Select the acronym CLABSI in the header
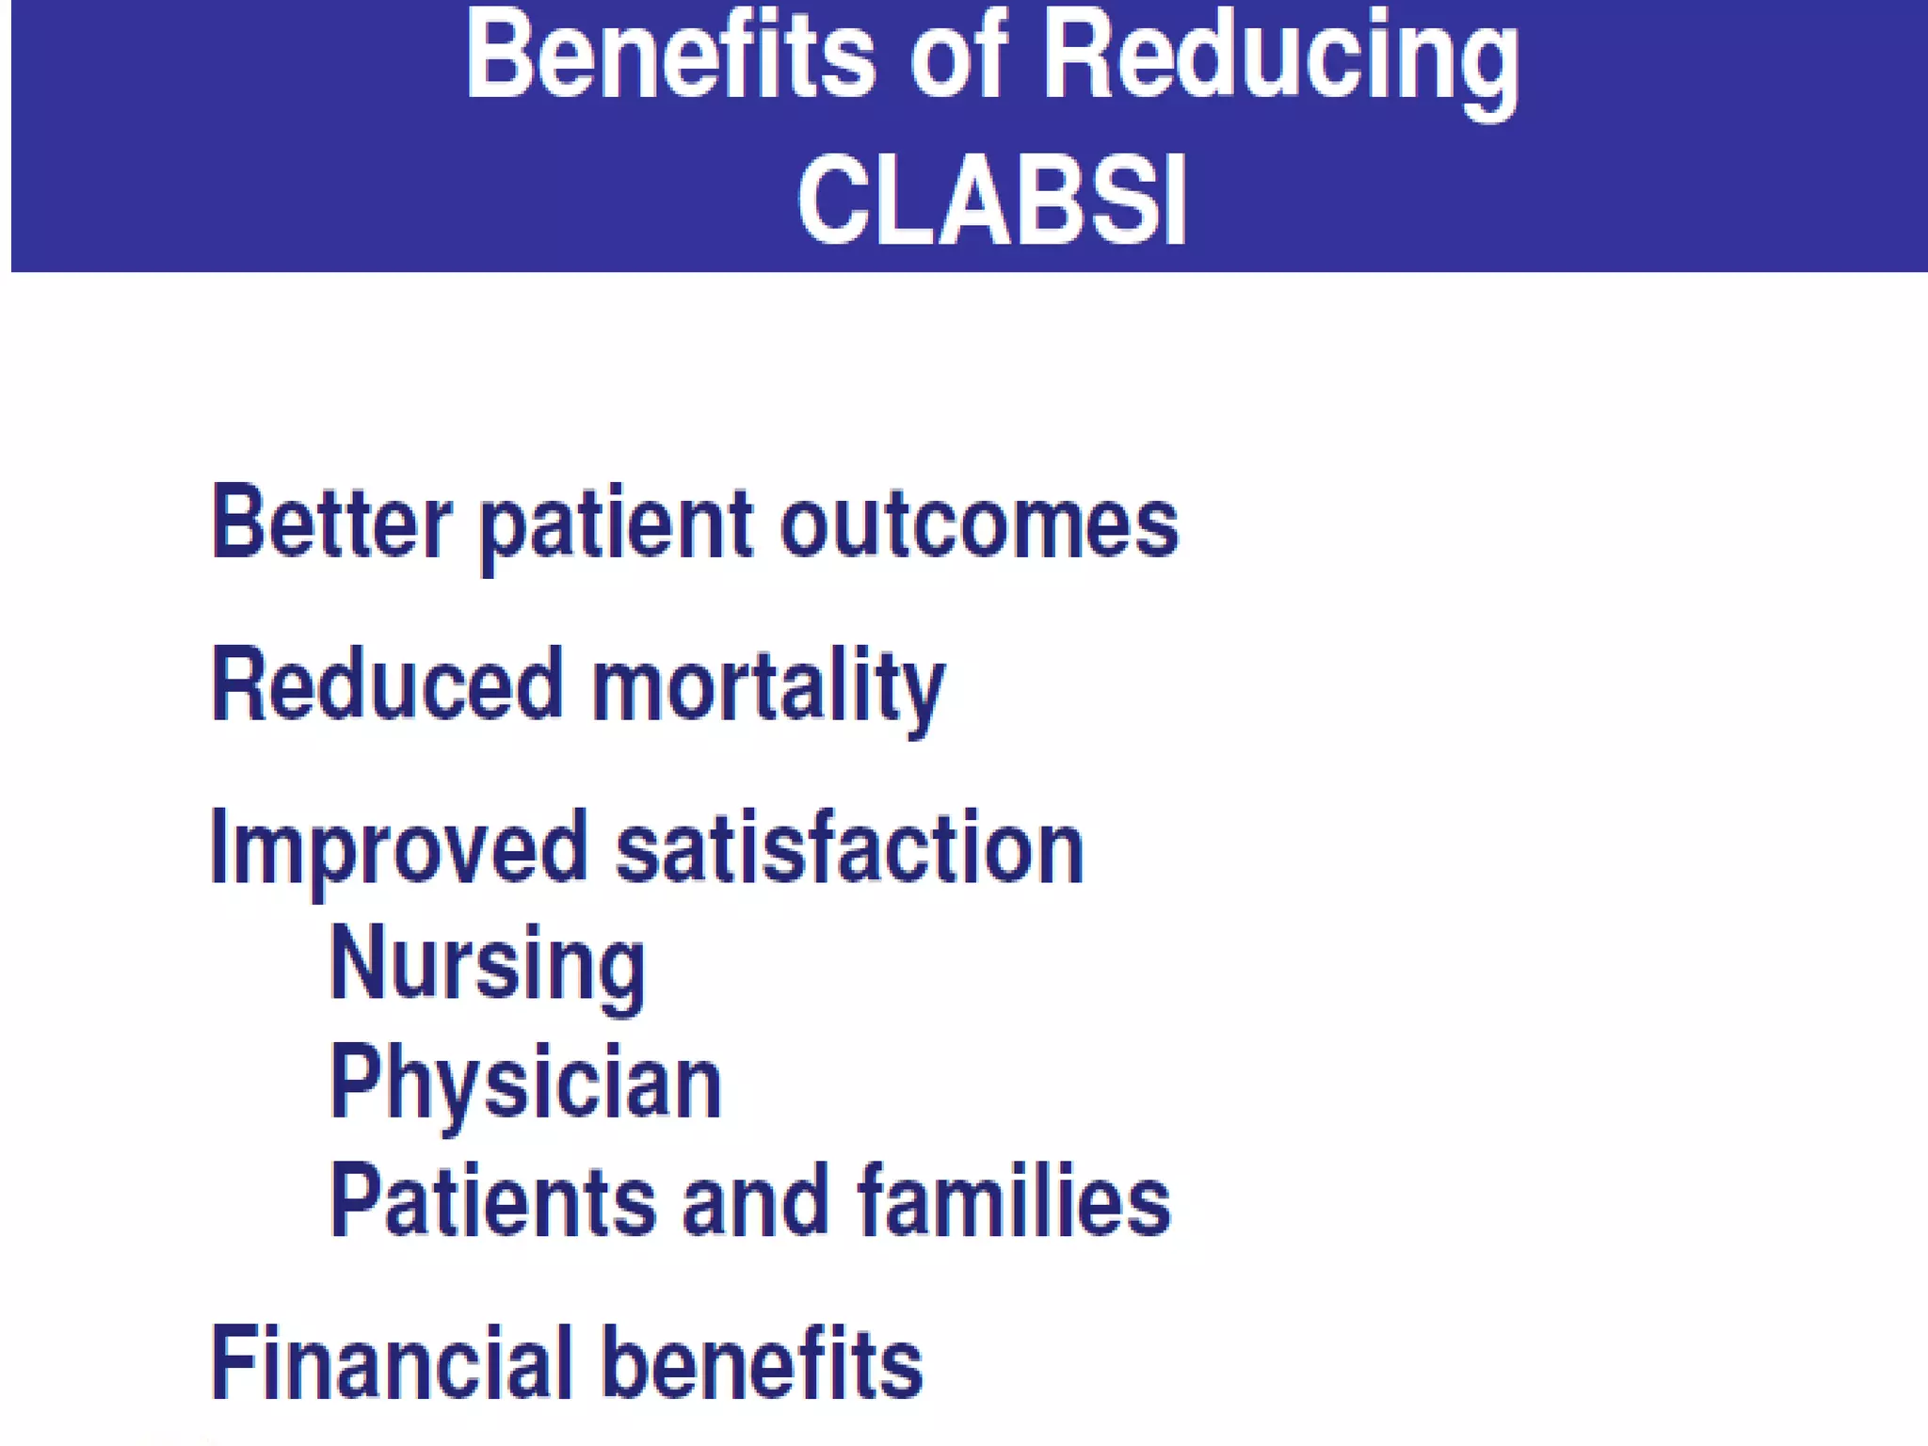coord(991,201)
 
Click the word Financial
coord(392,1363)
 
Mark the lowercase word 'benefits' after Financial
coord(763,1363)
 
